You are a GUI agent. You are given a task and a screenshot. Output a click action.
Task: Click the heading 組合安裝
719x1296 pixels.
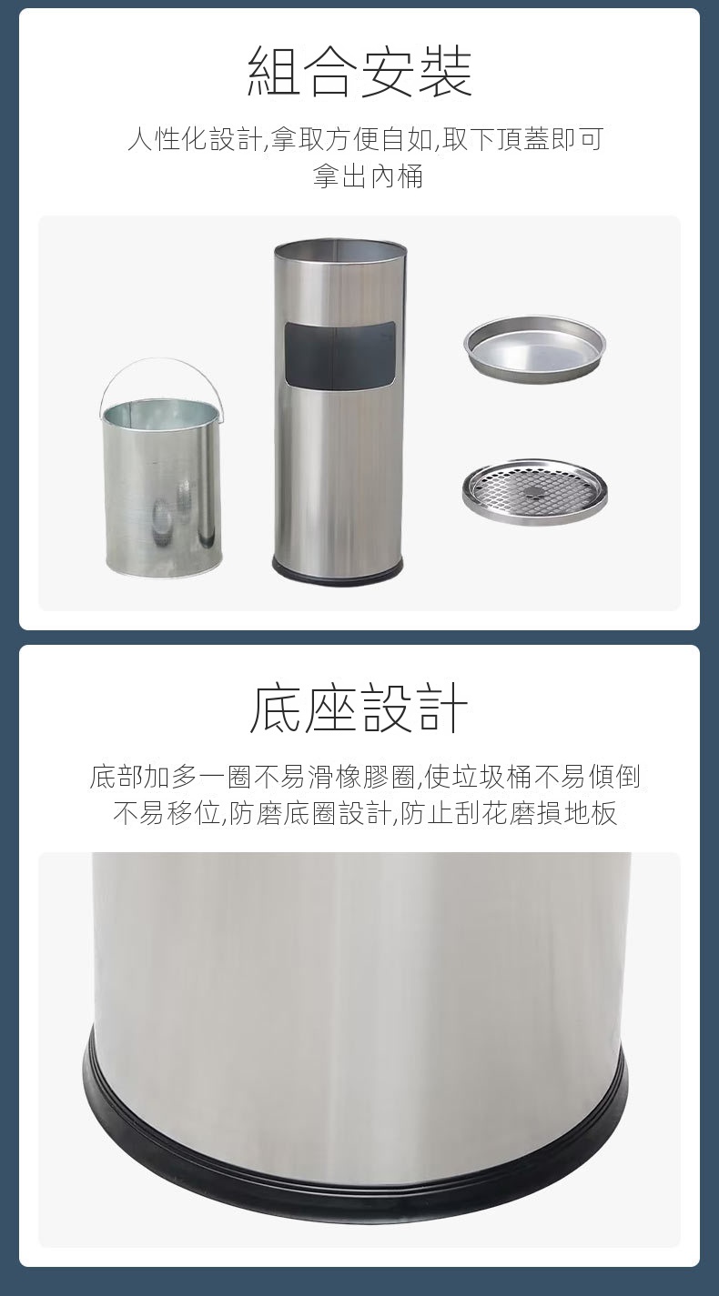point(359,72)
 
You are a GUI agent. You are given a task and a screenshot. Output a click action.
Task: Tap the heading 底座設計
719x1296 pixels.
point(359,708)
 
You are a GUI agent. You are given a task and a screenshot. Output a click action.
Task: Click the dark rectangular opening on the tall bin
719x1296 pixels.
point(339,345)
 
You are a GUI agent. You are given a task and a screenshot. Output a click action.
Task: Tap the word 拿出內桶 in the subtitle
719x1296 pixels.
point(369,176)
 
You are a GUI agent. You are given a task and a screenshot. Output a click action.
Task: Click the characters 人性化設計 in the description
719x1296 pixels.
point(195,139)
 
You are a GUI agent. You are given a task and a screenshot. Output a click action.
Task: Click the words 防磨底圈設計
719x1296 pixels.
point(311,813)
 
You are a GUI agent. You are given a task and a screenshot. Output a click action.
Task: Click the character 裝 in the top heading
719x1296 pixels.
point(445,72)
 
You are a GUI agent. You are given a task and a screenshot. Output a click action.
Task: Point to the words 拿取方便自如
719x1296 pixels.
point(352,139)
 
